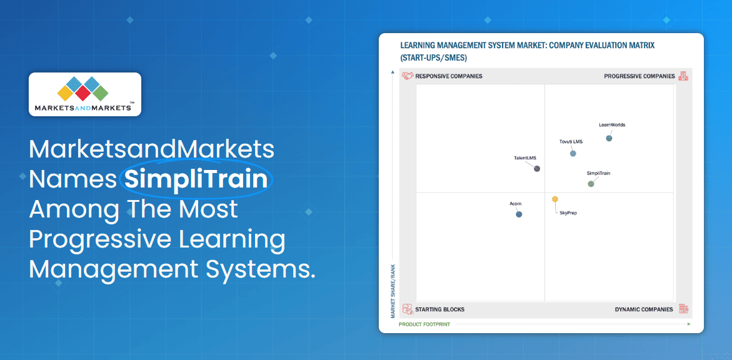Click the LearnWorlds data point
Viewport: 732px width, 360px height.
(609, 138)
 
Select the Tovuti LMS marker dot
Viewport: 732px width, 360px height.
(573, 153)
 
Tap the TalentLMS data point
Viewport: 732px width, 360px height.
(537, 169)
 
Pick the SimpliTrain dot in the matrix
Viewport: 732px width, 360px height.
(591, 184)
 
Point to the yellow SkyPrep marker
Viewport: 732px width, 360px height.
(554, 199)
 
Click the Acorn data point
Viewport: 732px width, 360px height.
(519, 214)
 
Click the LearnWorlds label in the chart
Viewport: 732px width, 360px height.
(612, 125)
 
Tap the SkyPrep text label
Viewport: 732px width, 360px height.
(568, 213)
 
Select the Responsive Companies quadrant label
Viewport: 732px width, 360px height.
(449, 76)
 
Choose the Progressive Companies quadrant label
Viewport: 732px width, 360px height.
(639, 76)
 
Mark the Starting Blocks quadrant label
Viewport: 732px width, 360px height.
(440, 309)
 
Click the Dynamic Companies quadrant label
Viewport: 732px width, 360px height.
(644, 309)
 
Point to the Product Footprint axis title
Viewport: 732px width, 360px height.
(424, 324)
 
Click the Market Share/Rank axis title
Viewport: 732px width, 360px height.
(393, 291)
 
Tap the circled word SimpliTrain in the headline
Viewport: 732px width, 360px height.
(196, 179)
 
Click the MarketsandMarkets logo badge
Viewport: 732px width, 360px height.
(85, 94)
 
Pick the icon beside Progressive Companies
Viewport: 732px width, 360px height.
(683, 76)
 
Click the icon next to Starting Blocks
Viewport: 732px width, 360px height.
(408, 309)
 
